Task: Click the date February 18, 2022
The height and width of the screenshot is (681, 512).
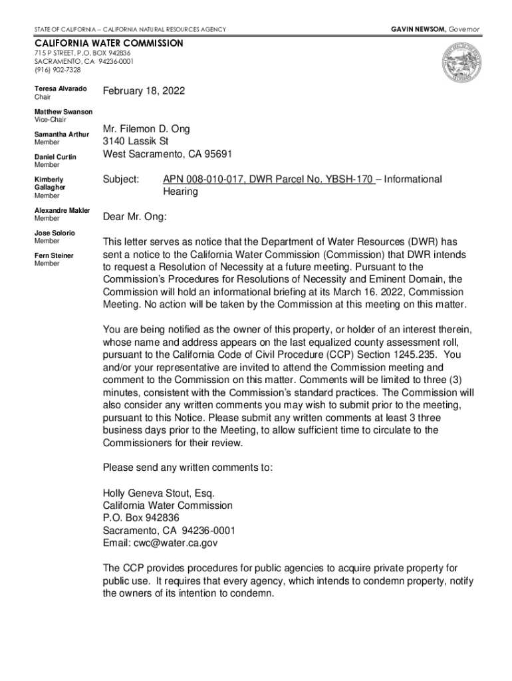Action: pyautogui.click(x=144, y=91)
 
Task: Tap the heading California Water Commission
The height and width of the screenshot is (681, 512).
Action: pyautogui.click(x=108, y=43)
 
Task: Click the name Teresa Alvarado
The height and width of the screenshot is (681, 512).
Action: pyautogui.click(x=61, y=89)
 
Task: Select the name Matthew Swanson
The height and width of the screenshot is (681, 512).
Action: pyautogui.click(x=64, y=112)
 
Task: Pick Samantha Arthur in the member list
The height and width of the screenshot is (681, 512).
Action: pyautogui.click(x=62, y=134)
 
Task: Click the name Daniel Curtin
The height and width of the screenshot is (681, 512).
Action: pyautogui.click(x=55, y=157)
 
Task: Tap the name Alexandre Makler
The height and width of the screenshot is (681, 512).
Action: pyautogui.click(x=63, y=210)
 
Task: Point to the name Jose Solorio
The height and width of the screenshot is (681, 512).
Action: pyautogui.click(x=55, y=233)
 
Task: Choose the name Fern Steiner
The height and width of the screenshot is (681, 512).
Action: pyautogui.click(x=54, y=255)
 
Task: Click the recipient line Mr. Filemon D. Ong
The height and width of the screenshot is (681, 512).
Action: pyautogui.click(x=146, y=129)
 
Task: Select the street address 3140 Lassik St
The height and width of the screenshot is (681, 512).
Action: pyautogui.click(x=136, y=142)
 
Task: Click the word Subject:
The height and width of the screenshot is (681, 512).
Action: pyautogui.click(x=121, y=180)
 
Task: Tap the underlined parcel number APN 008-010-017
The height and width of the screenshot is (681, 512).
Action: pyautogui.click(x=199, y=180)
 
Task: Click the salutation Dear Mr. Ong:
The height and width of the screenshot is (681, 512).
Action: pyautogui.click(x=135, y=217)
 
